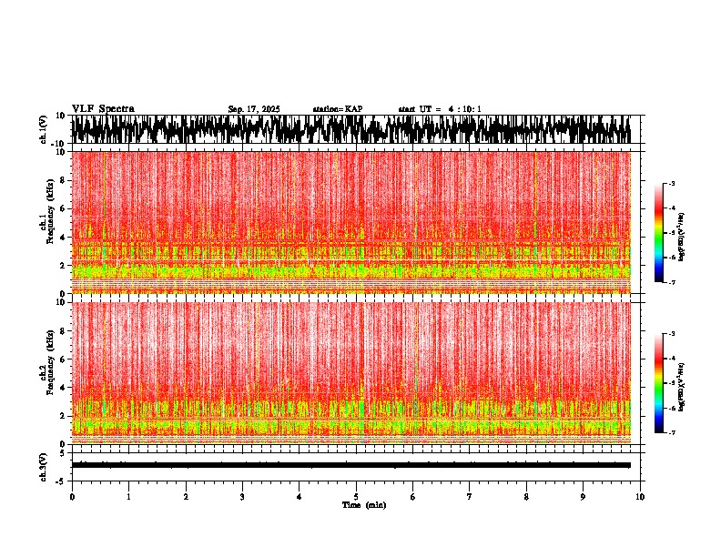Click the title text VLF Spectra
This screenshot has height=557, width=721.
click(103, 108)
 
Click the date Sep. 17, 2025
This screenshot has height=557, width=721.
click(254, 109)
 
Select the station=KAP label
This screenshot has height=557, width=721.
click(338, 109)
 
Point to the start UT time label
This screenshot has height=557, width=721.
click(440, 109)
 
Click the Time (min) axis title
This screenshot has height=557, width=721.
click(363, 504)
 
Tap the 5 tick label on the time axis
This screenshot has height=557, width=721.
click(356, 497)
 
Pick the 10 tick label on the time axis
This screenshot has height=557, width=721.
click(640, 497)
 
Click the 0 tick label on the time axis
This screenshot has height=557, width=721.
click(72, 497)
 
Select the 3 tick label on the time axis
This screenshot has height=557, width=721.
click(242, 497)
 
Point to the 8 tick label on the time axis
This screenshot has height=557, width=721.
click(526, 497)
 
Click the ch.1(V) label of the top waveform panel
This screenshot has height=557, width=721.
click(44, 130)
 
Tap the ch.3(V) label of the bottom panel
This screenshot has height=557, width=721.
click(44, 465)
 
